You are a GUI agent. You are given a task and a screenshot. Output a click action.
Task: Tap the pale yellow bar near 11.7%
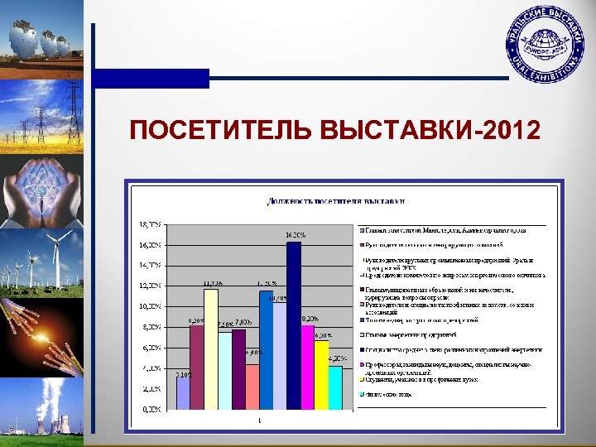211,348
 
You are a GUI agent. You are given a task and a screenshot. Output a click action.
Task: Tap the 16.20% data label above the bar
296,236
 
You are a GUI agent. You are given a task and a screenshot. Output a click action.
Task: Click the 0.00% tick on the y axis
151,409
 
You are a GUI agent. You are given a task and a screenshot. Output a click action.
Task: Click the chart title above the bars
335,201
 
